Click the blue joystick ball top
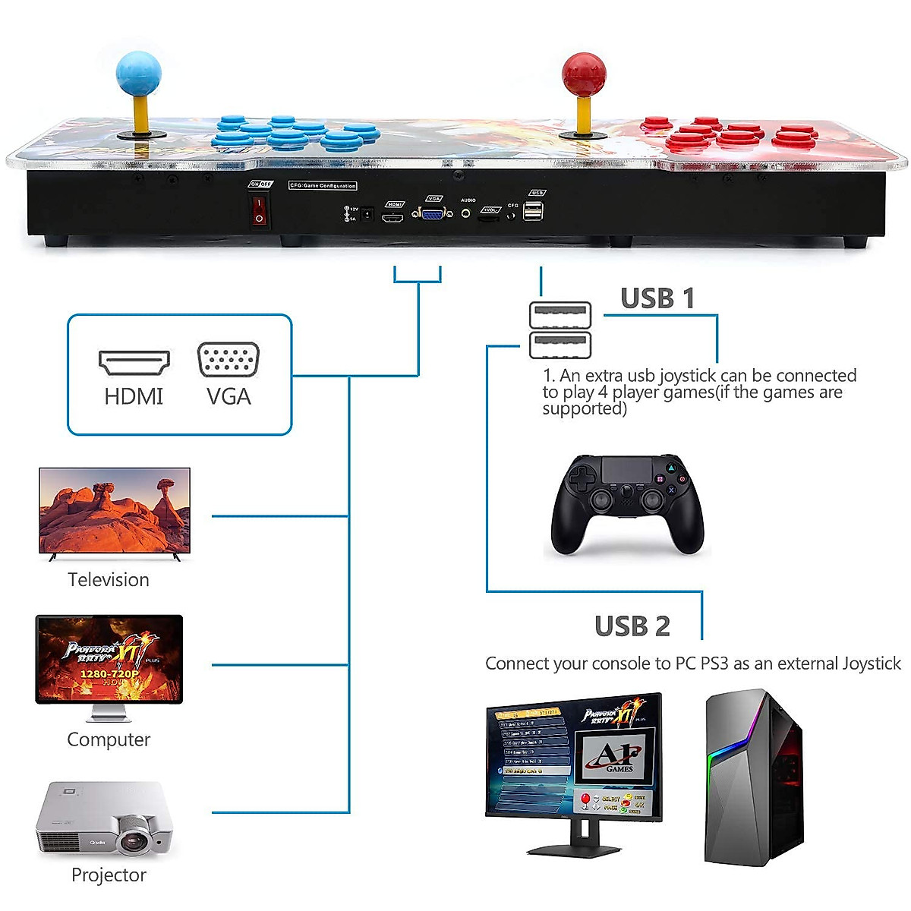click(x=138, y=74)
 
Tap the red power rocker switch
click(x=260, y=210)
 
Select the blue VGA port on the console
click(x=433, y=214)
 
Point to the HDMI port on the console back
click(x=392, y=219)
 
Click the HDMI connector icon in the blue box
click(x=134, y=363)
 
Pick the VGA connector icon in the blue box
click(x=228, y=360)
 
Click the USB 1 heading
click(x=657, y=298)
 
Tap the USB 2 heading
click(x=632, y=626)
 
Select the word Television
click(x=109, y=580)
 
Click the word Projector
click(x=109, y=875)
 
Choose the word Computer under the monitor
click(x=109, y=739)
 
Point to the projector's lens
click(x=134, y=840)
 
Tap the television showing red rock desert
click(x=115, y=511)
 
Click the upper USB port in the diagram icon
click(x=560, y=315)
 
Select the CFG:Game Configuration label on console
click(x=323, y=185)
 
